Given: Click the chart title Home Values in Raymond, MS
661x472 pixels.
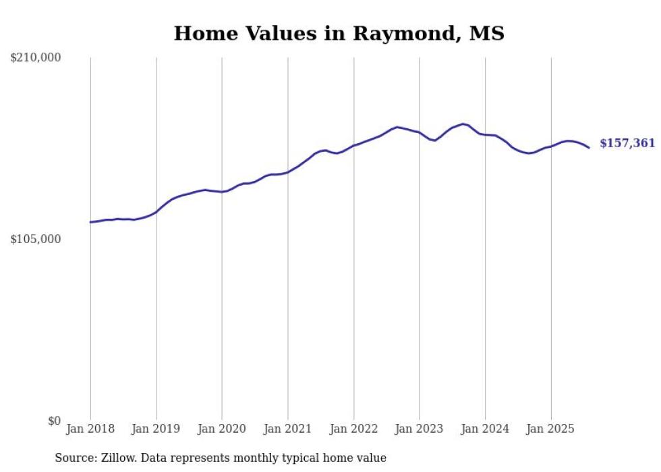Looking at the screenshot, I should click(339, 33).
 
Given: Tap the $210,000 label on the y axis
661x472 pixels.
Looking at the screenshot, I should click(36, 58).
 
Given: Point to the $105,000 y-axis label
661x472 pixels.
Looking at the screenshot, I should click(36, 239).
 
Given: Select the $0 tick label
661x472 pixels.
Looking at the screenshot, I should click(54, 421).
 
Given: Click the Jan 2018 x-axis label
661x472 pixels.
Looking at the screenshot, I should click(90, 429).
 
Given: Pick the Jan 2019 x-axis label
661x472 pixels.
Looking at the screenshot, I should click(156, 429).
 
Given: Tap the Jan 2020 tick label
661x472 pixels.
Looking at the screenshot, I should click(222, 429).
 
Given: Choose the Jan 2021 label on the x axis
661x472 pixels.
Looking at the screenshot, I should click(288, 429).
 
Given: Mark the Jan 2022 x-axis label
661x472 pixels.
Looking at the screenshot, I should click(353, 429).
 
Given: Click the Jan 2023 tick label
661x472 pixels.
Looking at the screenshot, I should click(419, 429).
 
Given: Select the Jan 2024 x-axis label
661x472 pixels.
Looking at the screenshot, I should click(485, 429).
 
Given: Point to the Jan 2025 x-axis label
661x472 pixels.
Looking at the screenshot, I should click(550, 429).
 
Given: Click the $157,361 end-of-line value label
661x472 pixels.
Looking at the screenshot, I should click(627, 143).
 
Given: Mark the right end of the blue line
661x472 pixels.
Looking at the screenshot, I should click(589, 147).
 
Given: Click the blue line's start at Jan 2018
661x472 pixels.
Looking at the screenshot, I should click(90, 221).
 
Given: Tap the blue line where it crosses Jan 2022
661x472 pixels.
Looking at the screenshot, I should click(353, 145).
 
